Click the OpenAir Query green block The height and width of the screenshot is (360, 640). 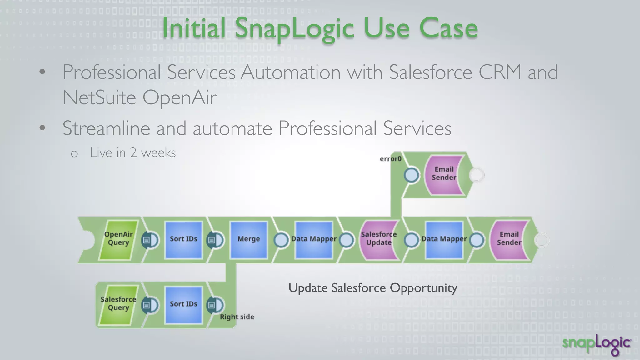click(x=118, y=240)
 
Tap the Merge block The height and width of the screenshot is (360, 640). click(x=249, y=240)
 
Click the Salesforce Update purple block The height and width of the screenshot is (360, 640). click(x=379, y=240)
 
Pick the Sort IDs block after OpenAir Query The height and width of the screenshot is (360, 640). click(x=183, y=240)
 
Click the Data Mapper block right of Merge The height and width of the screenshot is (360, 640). click(x=314, y=240)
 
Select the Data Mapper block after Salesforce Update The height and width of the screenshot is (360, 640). click(x=444, y=240)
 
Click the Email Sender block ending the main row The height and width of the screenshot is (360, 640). click(x=509, y=240)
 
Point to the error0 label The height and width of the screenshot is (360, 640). click(x=390, y=159)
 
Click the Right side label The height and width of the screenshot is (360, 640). click(x=237, y=317)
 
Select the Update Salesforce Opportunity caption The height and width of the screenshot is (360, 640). click(x=373, y=288)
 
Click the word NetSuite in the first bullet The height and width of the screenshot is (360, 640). click(x=99, y=97)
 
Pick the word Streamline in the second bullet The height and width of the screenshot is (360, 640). click(x=106, y=128)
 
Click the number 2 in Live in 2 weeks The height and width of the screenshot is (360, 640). click(x=133, y=153)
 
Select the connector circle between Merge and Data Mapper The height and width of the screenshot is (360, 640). click(x=281, y=240)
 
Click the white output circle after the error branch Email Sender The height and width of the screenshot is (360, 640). click(x=477, y=175)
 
